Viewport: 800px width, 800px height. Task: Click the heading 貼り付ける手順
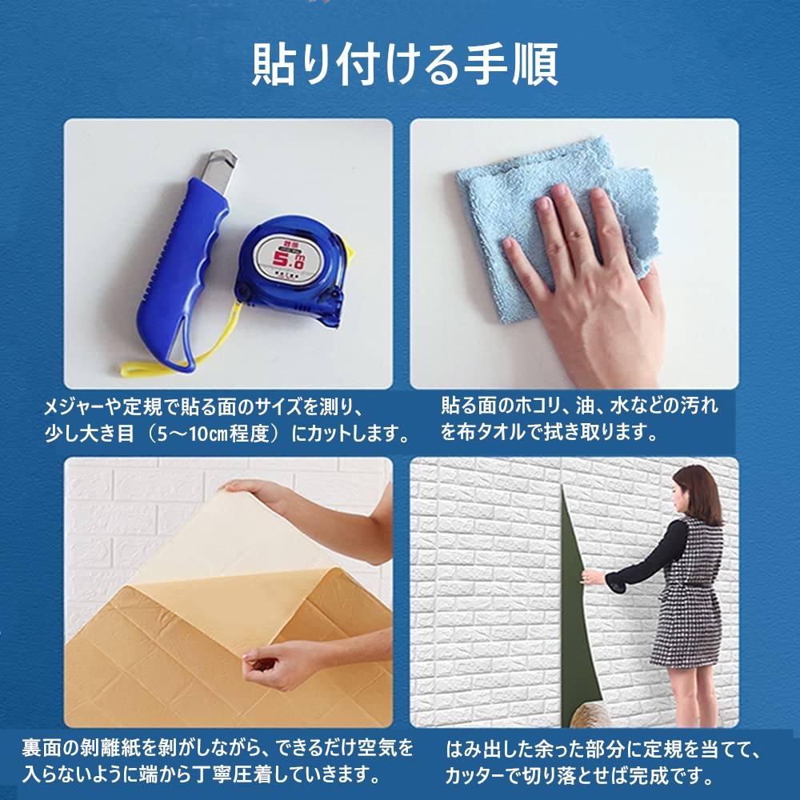[405, 64]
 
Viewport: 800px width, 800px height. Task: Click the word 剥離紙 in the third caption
[114, 748]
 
